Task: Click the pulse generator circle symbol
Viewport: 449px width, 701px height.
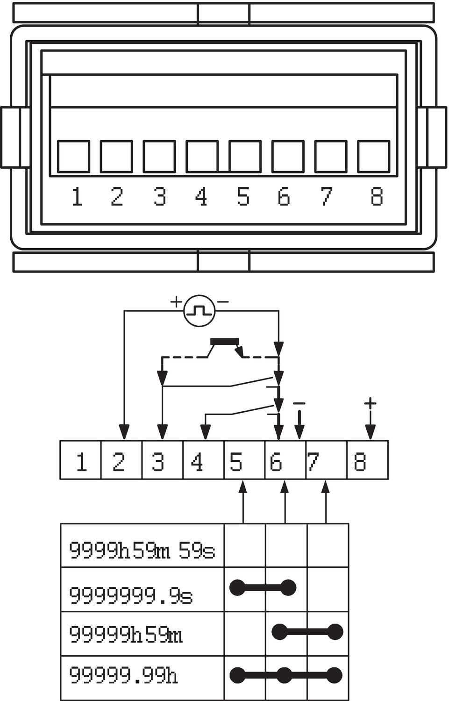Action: point(200,311)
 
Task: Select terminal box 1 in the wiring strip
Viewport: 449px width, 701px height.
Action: point(81,460)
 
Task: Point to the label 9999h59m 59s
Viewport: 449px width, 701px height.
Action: point(142,550)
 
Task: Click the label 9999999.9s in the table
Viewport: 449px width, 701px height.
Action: point(131,595)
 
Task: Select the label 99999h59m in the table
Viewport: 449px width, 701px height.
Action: point(126,634)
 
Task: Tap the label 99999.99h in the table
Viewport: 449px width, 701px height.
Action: point(123,675)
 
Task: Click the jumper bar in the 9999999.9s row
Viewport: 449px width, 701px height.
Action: point(263,587)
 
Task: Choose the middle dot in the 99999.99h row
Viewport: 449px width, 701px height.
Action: point(285,675)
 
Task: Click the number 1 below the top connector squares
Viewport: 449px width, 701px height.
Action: point(77,196)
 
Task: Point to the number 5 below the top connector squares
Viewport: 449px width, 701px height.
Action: point(243,196)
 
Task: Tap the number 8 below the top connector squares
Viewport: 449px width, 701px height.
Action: point(377,196)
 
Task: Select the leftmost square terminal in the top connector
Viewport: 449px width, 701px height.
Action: point(73,157)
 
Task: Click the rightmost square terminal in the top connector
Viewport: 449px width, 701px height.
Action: point(373,157)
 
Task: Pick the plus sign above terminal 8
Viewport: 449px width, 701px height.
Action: point(370,403)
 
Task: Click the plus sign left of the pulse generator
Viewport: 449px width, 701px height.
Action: point(176,301)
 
